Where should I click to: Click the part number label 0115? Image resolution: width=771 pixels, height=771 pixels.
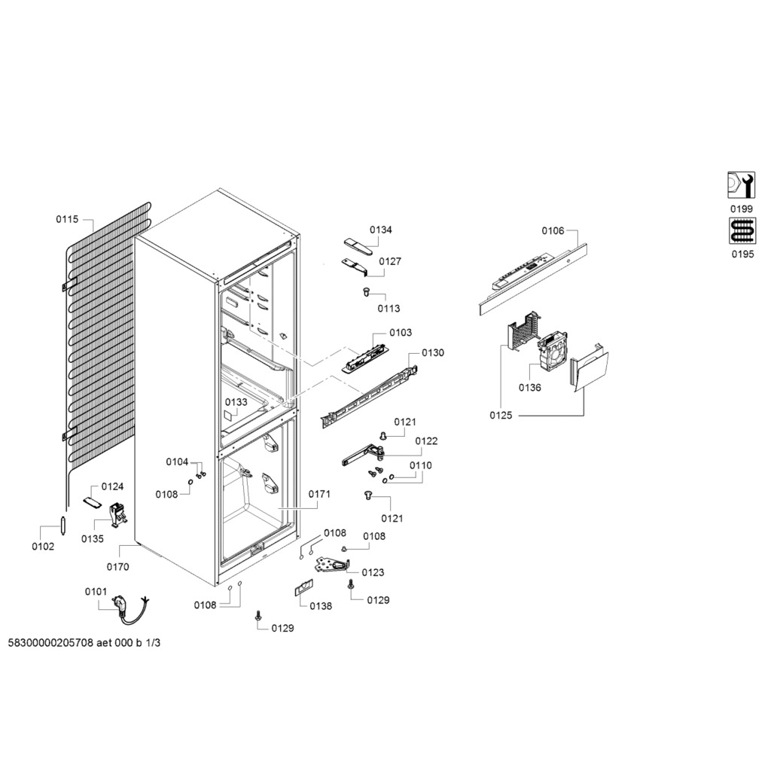click(x=67, y=219)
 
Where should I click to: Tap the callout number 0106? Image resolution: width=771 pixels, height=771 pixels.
click(x=553, y=230)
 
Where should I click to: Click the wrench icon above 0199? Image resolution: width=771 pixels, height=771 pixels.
click(x=742, y=185)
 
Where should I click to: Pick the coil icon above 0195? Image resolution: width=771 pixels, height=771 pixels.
click(x=742, y=230)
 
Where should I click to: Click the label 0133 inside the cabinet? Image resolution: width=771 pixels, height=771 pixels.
click(x=236, y=402)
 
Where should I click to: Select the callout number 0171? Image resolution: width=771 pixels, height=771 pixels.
click(x=319, y=494)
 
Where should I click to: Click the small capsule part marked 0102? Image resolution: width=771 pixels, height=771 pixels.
click(x=62, y=525)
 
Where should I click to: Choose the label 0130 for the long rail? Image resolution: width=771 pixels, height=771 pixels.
click(x=433, y=352)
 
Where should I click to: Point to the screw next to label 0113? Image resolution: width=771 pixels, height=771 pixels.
click(x=365, y=292)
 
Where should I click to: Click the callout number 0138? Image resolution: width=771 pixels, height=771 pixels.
click(x=321, y=606)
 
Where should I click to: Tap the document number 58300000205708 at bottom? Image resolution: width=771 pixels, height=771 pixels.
click(x=50, y=643)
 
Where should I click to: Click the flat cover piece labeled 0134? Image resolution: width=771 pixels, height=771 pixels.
click(x=355, y=245)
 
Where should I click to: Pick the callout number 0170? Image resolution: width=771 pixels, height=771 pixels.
click(x=117, y=567)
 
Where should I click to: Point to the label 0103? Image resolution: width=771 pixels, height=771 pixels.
click(x=401, y=332)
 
